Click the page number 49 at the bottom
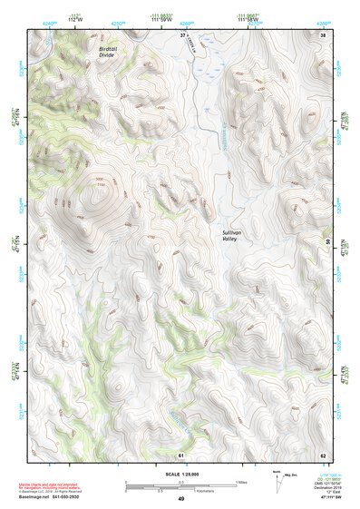point(181,500)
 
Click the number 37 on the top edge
point(182,34)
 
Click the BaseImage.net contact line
point(61,496)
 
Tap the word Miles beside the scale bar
point(240,482)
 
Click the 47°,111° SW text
point(323,498)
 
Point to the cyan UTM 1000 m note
point(323,475)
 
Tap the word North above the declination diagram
point(275,474)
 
